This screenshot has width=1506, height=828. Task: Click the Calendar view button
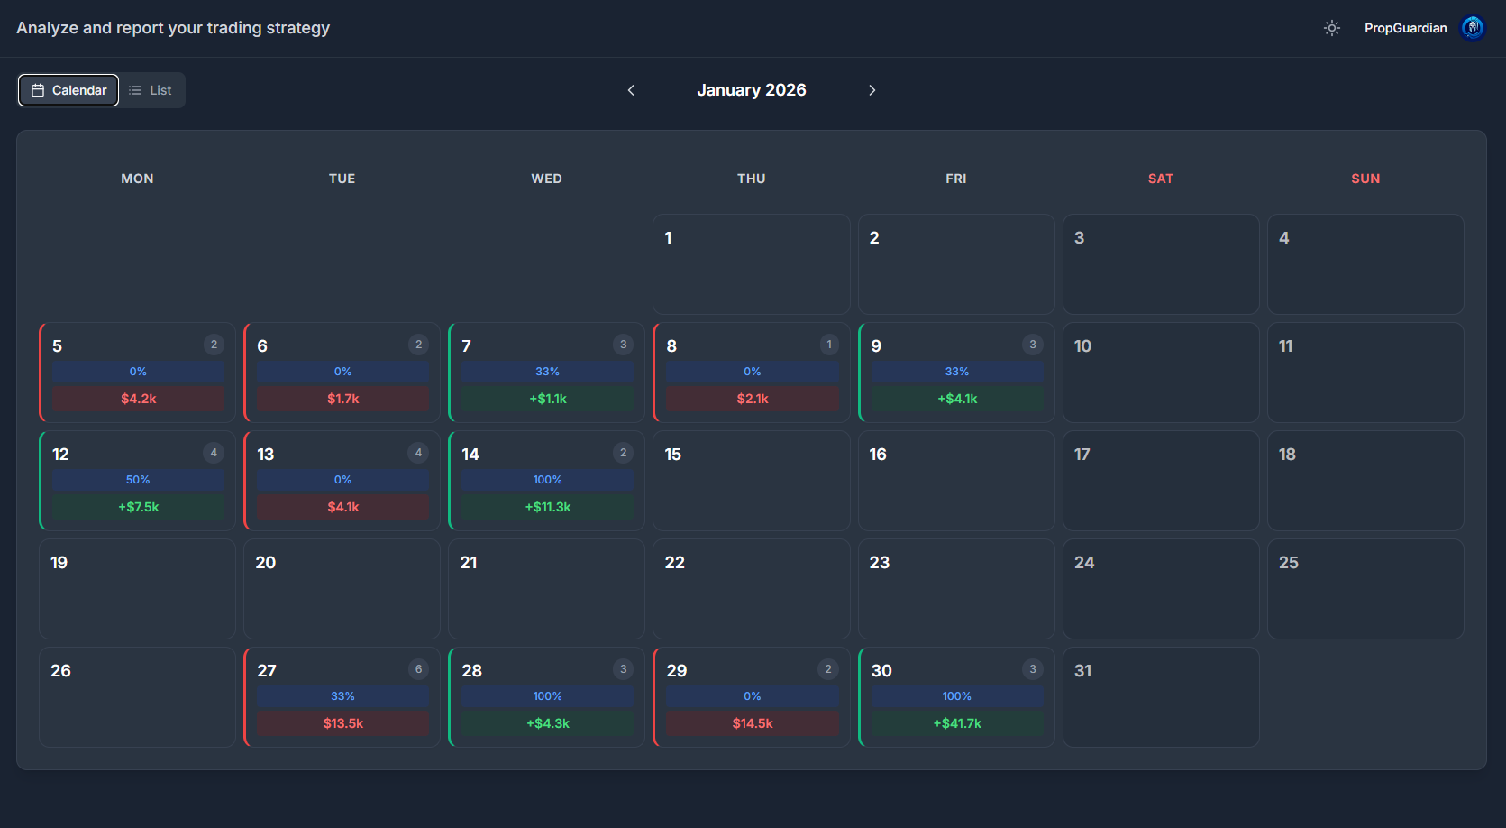click(x=68, y=90)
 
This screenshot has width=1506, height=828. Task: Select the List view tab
click(x=151, y=90)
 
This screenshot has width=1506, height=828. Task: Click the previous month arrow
click(x=631, y=90)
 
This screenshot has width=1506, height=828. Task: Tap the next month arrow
click(x=872, y=90)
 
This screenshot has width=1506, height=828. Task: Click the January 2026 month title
click(x=751, y=90)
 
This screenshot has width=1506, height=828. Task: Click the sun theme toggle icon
click(x=1331, y=28)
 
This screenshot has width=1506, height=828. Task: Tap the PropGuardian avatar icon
click(x=1472, y=28)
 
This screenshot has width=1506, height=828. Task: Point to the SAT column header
click(x=1160, y=179)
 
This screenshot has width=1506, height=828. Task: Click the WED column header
click(x=546, y=179)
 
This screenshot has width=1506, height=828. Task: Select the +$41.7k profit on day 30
click(x=956, y=723)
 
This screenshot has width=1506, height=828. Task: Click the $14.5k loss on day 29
click(x=752, y=723)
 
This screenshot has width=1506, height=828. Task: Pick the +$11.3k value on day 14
click(x=547, y=507)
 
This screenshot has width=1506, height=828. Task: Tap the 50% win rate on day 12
click(x=138, y=480)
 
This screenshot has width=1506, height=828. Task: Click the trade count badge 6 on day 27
click(x=418, y=669)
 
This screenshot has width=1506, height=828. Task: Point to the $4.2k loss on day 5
click(x=138, y=399)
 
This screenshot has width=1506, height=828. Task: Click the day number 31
click(x=1082, y=671)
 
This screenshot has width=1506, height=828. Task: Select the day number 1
click(x=668, y=238)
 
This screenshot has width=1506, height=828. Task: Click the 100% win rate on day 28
click(x=547, y=696)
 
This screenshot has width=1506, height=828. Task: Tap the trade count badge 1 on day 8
click(x=829, y=345)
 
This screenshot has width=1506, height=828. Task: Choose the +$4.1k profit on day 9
click(x=956, y=399)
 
